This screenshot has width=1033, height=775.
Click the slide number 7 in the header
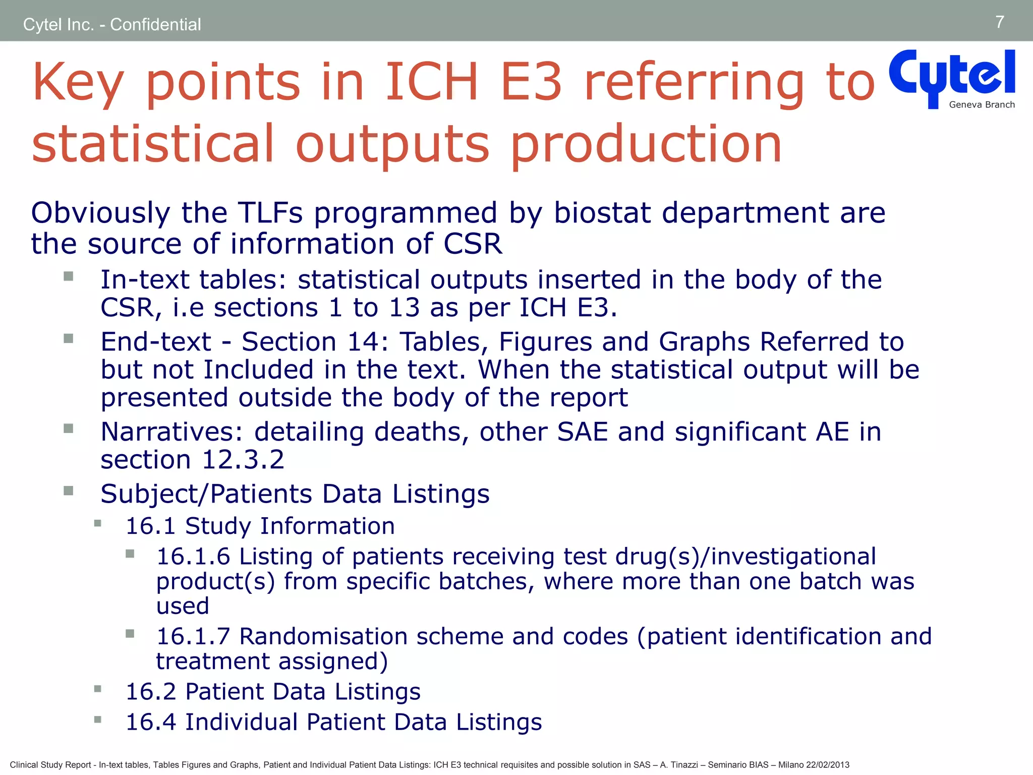click(999, 22)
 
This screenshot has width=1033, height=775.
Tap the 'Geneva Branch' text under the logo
click(982, 105)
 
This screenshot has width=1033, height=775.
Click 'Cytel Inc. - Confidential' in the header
click(112, 24)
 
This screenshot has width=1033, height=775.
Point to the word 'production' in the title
click(646, 145)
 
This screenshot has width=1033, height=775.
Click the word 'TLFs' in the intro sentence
click(270, 212)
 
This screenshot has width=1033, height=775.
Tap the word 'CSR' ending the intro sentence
click(473, 244)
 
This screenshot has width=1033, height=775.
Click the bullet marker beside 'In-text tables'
click(69, 276)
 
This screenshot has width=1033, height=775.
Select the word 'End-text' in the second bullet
click(155, 342)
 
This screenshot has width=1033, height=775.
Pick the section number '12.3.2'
click(243, 460)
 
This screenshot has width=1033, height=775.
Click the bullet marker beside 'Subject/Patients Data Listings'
click(69, 490)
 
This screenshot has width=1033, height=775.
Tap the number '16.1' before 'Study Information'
click(150, 526)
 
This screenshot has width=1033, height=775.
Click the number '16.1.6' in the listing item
click(193, 557)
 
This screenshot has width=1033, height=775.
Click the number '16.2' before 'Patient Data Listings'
click(150, 692)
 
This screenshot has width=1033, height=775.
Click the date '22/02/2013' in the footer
click(827, 765)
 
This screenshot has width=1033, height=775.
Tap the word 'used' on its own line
click(182, 606)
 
